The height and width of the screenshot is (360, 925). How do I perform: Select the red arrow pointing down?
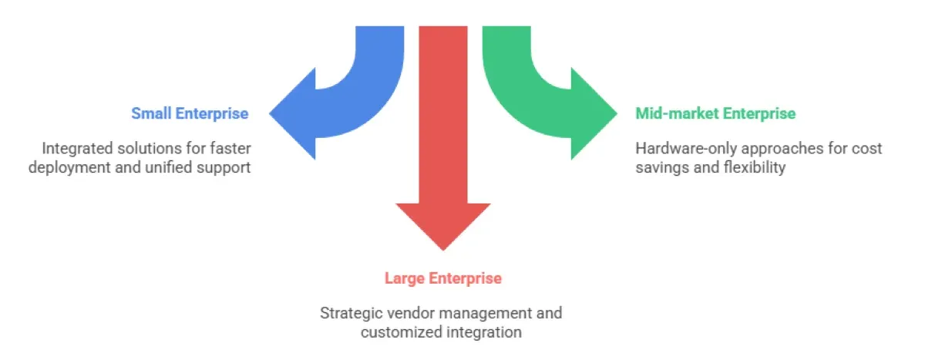(x=442, y=154)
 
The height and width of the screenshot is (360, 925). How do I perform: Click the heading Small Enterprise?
(x=190, y=113)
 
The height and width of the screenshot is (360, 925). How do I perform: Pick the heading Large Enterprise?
(x=442, y=278)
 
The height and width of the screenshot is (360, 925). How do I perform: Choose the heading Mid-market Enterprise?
(x=715, y=113)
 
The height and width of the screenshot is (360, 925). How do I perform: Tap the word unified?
(x=161, y=167)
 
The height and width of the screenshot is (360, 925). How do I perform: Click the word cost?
(x=867, y=147)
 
